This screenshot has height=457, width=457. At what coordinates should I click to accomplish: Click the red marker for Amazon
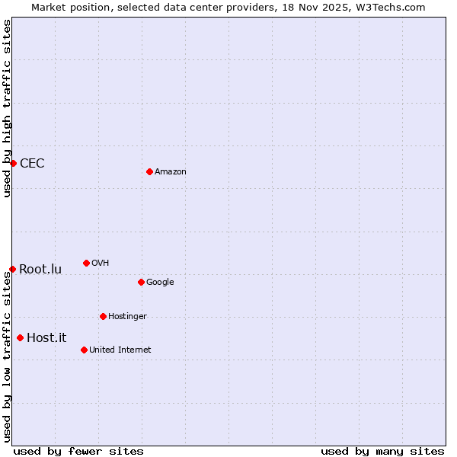pos(149,171)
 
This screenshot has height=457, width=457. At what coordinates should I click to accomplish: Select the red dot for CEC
pos(13,163)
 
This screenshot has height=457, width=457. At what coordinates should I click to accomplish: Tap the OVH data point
pos(86,263)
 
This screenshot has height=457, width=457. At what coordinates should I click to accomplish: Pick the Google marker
pos(141,282)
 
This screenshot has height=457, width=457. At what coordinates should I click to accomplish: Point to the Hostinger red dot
pos(103,316)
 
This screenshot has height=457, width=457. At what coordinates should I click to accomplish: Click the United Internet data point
pos(84,350)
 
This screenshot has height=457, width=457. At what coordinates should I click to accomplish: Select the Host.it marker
pos(20,337)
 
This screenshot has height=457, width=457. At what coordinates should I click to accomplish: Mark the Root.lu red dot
pos(12,269)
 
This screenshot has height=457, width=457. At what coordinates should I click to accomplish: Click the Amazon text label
pos(170,172)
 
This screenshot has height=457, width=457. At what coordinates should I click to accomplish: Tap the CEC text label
pos(32,163)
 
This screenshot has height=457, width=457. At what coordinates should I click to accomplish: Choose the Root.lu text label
pos(40,269)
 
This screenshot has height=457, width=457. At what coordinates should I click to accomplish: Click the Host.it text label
pos(46,337)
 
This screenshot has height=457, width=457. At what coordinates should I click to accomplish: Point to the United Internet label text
pos(120,350)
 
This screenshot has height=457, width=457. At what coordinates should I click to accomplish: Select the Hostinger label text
pos(127,317)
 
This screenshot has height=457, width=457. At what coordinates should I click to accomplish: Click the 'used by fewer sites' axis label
pos(78,451)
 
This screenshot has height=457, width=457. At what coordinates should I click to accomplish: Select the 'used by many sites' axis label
pos(382,451)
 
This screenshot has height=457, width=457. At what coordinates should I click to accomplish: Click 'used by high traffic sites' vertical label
pos(8,108)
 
